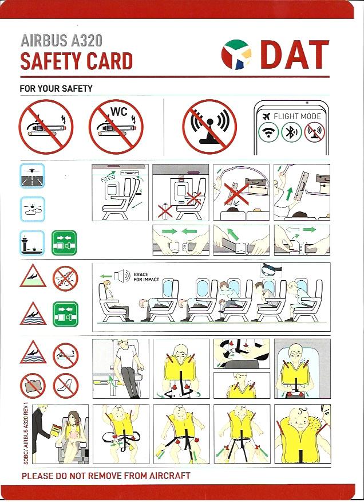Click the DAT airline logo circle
(x=236, y=54)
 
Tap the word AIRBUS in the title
(x=44, y=41)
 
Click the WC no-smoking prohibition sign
(x=116, y=127)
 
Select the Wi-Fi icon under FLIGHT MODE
(x=268, y=132)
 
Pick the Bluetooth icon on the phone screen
(x=291, y=132)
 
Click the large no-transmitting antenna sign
(x=209, y=127)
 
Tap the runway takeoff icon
(x=32, y=175)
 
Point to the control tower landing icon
(x=32, y=242)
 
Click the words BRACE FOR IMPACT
(x=146, y=277)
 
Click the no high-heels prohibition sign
(x=66, y=386)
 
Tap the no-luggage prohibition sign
(x=33, y=386)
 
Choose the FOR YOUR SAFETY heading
(x=56, y=88)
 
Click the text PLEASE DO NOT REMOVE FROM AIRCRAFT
(x=106, y=476)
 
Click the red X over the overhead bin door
(x=236, y=194)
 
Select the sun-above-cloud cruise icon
(x=32, y=209)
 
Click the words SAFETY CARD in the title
(x=77, y=61)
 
